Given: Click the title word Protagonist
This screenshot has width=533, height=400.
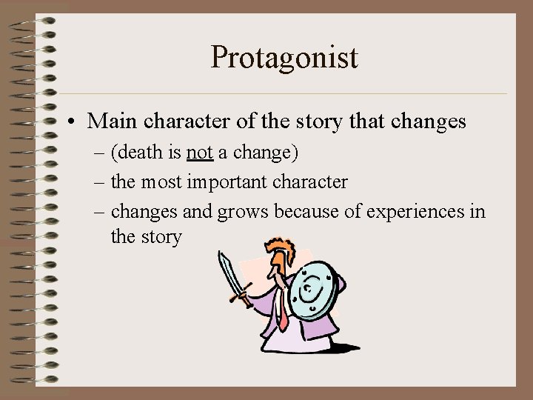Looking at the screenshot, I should [284, 58].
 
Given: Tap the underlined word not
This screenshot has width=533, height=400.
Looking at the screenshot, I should [200, 153].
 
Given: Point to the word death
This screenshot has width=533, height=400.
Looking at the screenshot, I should [141, 153].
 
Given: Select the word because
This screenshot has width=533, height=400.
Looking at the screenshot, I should [309, 211].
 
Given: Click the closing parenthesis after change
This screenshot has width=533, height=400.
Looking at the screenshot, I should [295, 153].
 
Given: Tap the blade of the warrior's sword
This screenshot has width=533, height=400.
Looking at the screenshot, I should [229, 273].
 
